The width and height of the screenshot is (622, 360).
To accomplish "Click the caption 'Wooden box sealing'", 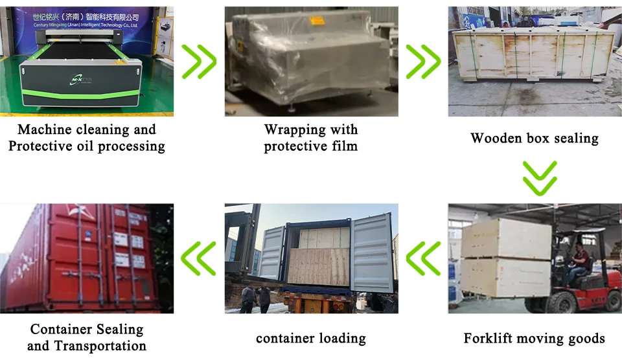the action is tap(535, 138).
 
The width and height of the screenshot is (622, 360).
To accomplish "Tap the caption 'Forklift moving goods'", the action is tap(534, 338).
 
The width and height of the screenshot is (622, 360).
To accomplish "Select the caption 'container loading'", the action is tap(311, 338).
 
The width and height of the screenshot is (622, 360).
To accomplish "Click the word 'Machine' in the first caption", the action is tap(44, 129).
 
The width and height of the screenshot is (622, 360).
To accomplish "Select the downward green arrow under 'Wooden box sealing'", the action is tap(540, 177).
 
